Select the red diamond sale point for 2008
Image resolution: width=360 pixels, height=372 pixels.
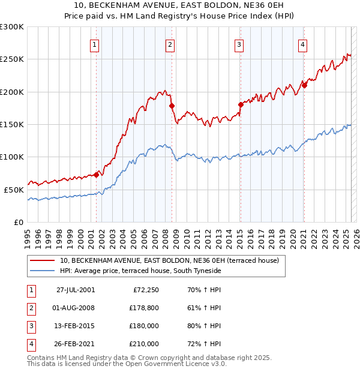click(x=172, y=106)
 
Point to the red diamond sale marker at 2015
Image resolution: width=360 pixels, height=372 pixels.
click(x=241, y=104)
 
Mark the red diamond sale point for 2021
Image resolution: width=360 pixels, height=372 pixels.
click(x=304, y=85)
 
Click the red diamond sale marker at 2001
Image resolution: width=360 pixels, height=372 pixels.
click(x=97, y=175)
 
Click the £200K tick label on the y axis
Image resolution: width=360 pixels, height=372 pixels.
click(x=12, y=92)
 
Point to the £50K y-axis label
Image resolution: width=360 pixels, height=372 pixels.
click(x=14, y=190)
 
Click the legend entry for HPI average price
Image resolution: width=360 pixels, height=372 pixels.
click(x=140, y=271)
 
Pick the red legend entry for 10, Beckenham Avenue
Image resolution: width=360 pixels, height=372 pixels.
click(x=169, y=261)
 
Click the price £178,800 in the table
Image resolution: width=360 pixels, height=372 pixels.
click(x=144, y=308)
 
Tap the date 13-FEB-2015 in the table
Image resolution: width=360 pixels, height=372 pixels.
click(x=76, y=326)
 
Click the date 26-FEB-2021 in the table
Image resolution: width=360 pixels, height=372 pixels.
click(x=76, y=344)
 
